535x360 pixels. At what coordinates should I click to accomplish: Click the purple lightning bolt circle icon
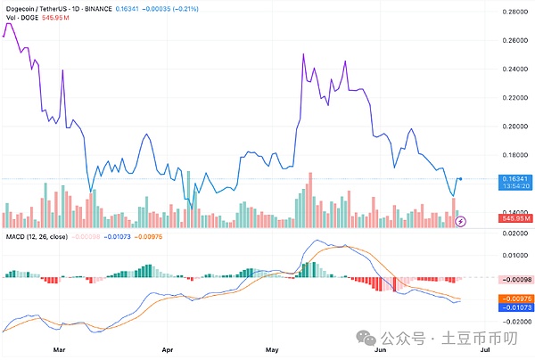click(x=460, y=220)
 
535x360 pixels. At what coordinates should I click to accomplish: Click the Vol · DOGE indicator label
click(x=22, y=19)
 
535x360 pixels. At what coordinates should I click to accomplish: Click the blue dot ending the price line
click(x=459, y=179)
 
